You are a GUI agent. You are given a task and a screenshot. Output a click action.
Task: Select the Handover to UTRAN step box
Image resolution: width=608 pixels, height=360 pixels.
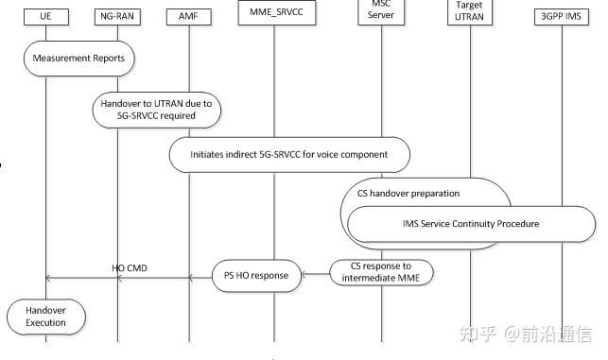pyautogui.click(x=157, y=110)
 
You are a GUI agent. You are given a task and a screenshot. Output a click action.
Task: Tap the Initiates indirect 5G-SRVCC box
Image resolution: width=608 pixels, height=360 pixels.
pyautogui.click(x=291, y=154)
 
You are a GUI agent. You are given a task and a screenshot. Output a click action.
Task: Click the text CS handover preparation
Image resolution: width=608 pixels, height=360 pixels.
pyautogui.click(x=408, y=194)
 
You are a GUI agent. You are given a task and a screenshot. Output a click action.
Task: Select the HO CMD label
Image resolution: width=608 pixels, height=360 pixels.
pyautogui.click(x=130, y=268)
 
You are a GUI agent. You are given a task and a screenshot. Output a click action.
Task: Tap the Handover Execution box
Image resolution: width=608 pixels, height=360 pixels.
pyautogui.click(x=45, y=315)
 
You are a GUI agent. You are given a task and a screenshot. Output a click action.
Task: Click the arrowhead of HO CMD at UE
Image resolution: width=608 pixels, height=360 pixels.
pyautogui.click(x=50, y=278)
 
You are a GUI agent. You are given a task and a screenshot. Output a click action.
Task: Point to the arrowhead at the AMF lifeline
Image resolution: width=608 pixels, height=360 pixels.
pyautogui.click(x=193, y=278)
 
